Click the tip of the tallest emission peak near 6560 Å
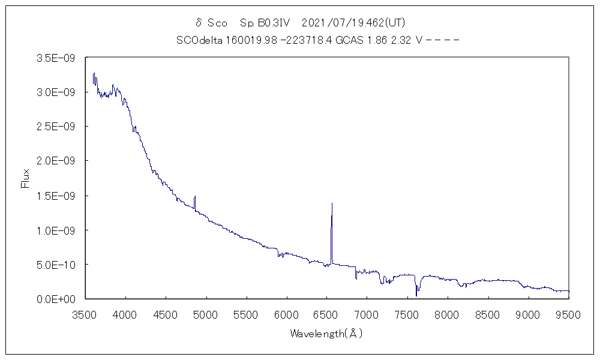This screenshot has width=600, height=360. [x=332, y=203]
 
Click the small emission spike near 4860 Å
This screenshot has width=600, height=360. [x=195, y=196]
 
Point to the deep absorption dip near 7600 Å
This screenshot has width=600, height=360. [x=416, y=295]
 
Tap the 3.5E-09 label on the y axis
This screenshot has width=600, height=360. [x=55, y=58]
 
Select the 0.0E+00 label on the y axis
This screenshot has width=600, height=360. [x=55, y=299]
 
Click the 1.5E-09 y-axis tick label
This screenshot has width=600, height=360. [x=55, y=196]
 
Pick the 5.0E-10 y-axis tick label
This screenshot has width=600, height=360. [x=55, y=265]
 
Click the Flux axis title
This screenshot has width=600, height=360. [x=25, y=178]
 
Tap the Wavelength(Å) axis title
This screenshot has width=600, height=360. [x=326, y=334]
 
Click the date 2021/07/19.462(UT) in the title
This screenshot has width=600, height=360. [x=353, y=23]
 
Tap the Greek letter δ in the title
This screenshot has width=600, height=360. [x=199, y=23]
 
